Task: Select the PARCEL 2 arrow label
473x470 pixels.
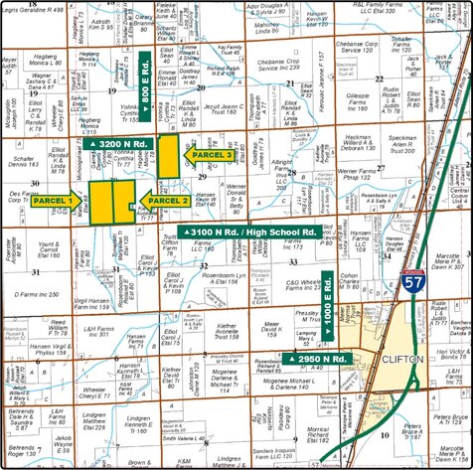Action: click(x=164, y=201)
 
